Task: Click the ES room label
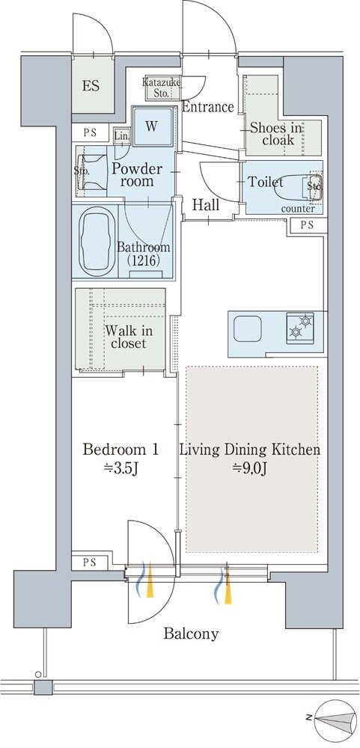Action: click(x=91, y=86)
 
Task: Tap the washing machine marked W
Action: click(x=153, y=126)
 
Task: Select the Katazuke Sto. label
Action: click(x=162, y=88)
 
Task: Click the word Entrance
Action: click(x=208, y=107)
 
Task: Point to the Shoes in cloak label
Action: click(x=276, y=134)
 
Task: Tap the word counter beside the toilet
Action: click(x=298, y=209)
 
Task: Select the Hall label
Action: click(x=207, y=205)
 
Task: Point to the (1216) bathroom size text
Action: click(x=143, y=260)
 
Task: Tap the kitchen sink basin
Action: click(x=247, y=328)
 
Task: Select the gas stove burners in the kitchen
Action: click(x=300, y=328)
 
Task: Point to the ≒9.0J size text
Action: click(x=248, y=468)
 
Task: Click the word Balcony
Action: click(x=191, y=634)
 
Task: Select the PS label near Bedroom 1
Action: click(x=90, y=562)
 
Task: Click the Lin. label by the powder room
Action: click(x=121, y=136)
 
